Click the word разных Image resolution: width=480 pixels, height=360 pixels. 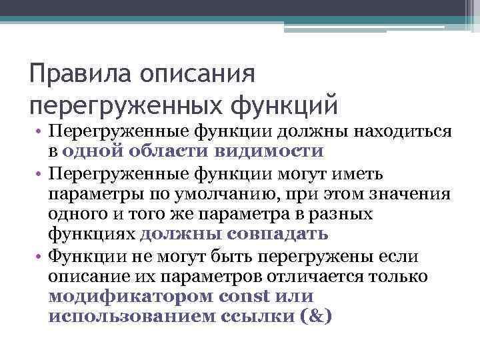[340, 215]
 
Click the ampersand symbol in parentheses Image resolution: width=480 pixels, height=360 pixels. [312, 315]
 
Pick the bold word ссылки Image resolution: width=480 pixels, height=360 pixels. [253, 315]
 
